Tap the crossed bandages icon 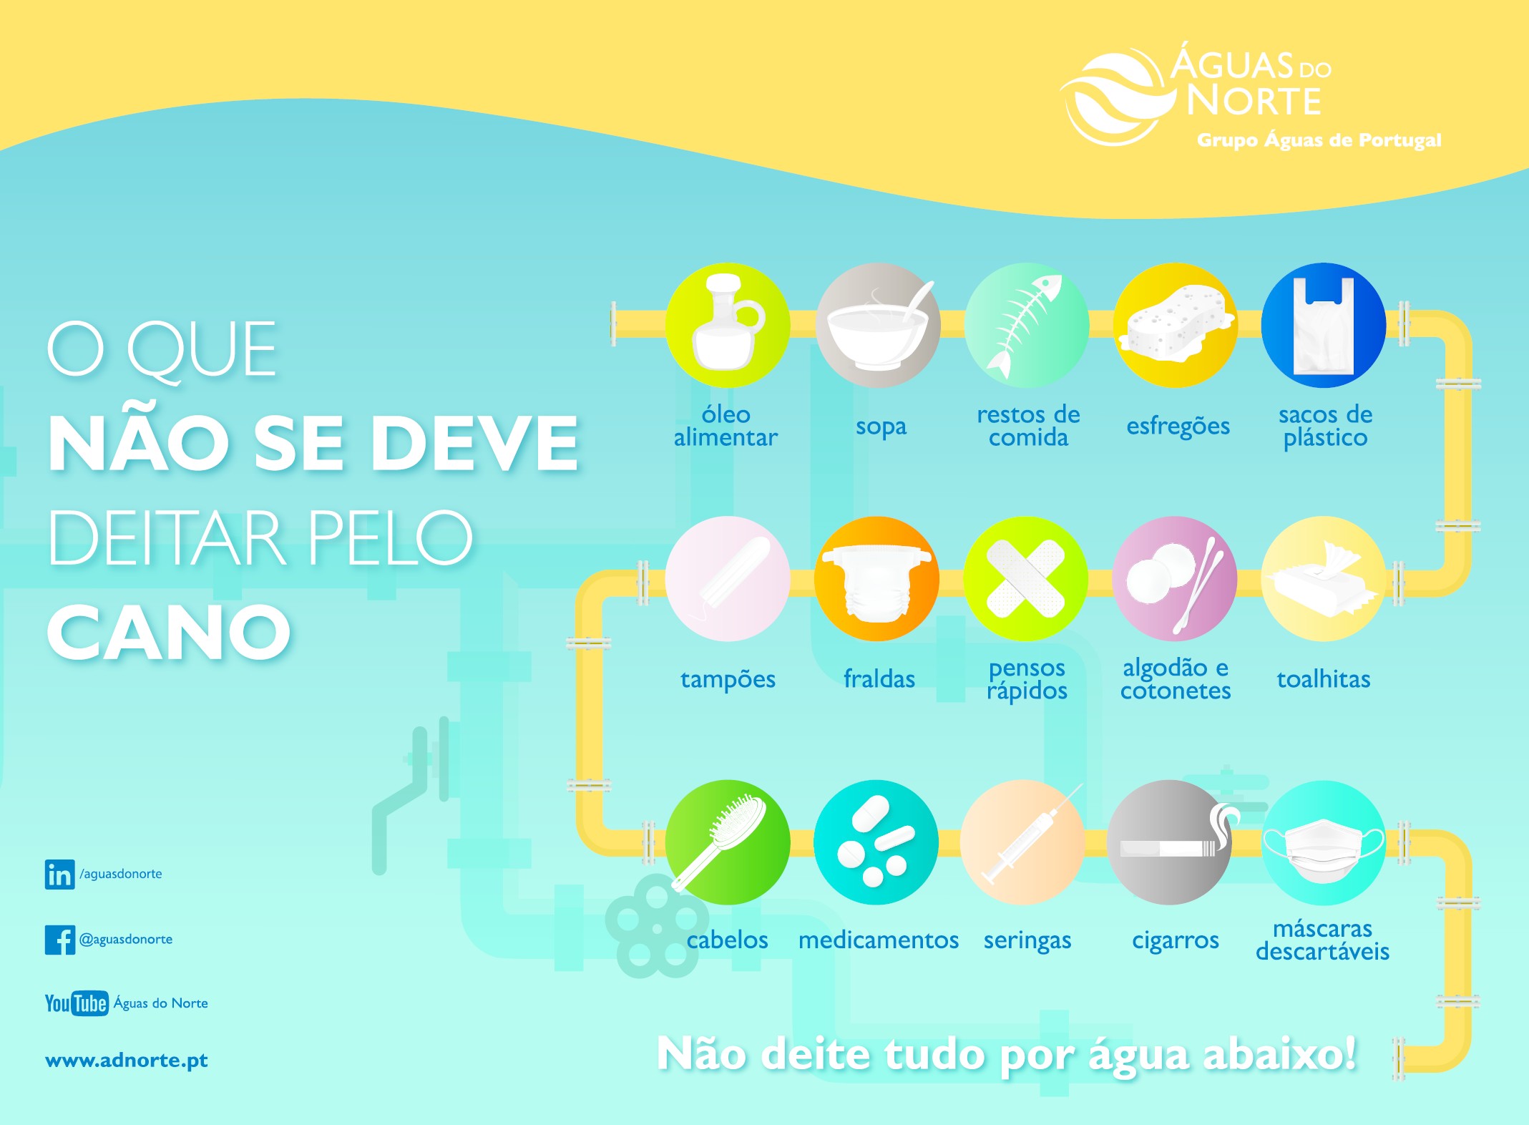1026,578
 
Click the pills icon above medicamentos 876,842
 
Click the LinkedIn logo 59,875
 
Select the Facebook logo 59,940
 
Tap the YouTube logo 77,1003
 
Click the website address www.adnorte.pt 127,1061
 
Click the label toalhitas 1324,678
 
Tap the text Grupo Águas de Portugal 1319,140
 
